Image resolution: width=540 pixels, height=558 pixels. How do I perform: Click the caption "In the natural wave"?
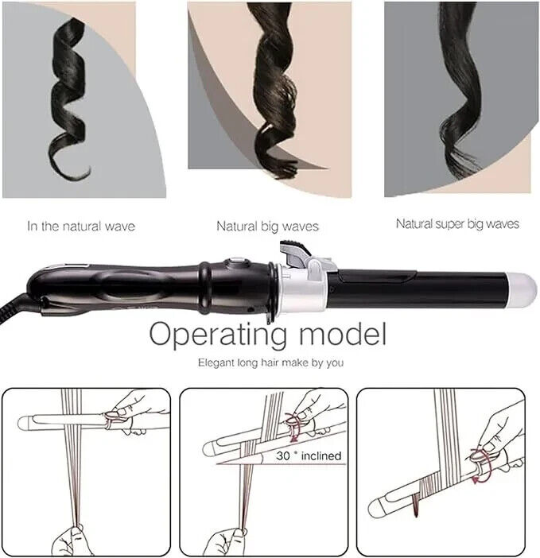pos(81,227)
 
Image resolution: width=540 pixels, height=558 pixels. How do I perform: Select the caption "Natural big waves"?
pos(267,227)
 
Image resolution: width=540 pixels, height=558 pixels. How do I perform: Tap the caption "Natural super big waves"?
pos(457,224)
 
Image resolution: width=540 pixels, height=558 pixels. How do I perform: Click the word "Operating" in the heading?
pos(218,335)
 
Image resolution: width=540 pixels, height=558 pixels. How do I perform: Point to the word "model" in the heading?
pos(343,333)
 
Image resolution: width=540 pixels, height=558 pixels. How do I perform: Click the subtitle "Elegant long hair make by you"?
pos(271,363)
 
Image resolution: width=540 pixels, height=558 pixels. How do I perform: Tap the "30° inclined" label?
pos(309,456)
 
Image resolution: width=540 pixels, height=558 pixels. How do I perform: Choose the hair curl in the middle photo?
pos(274,89)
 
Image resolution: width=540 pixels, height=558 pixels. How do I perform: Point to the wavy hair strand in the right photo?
pos(459,89)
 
